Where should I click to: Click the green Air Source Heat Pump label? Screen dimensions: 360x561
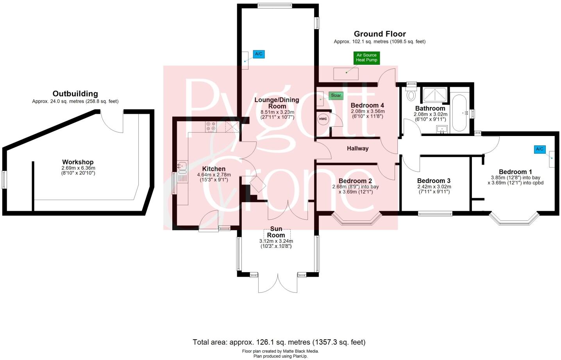(366, 58)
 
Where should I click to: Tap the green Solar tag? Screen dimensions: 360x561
(336, 95)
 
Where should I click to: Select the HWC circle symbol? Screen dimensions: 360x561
(323, 119)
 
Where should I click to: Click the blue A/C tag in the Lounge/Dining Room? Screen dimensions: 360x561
(259, 54)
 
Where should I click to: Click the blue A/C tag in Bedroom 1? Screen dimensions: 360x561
(540, 149)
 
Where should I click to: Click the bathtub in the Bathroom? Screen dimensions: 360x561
(459, 113)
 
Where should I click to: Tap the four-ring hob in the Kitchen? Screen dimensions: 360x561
(211, 126)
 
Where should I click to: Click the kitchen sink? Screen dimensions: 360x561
(182, 167)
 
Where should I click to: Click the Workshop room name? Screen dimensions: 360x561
(78, 162)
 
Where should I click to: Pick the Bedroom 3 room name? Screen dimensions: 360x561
(434, 181)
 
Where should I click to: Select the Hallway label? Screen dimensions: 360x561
(357, 149)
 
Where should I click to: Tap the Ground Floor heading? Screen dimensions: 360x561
(379, 34)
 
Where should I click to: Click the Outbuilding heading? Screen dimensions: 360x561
(75, 94)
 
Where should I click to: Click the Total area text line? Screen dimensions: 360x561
(279, 342)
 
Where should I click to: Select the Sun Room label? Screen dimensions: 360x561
(276, 232)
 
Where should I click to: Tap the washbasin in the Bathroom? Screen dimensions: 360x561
(443, 129)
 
